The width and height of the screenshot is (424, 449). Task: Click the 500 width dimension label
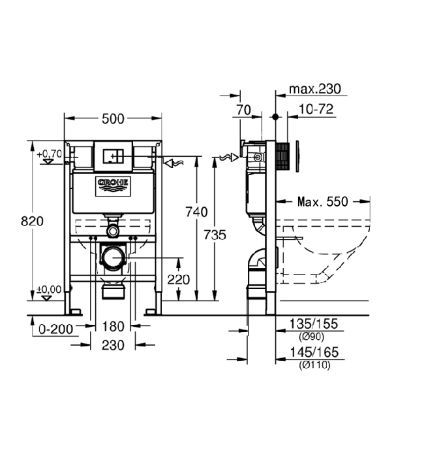[x=113, y=119]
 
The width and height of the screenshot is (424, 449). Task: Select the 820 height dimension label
[x=32, y=221]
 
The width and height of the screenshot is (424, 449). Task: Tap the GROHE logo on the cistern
[x=113, y=186]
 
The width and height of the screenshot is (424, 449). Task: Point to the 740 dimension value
[x=196, y=212]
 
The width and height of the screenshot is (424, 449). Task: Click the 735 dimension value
[x=215, y=235]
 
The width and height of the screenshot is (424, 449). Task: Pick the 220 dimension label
[x=178, y=280]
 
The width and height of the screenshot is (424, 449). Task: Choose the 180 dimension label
[x=113, y=327]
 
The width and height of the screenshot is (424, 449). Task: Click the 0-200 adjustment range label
[x=55, y=329]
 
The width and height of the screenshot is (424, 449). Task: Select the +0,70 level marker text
[x=49, y=154]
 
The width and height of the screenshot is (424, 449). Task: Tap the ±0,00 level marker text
[x=49, y=290]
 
